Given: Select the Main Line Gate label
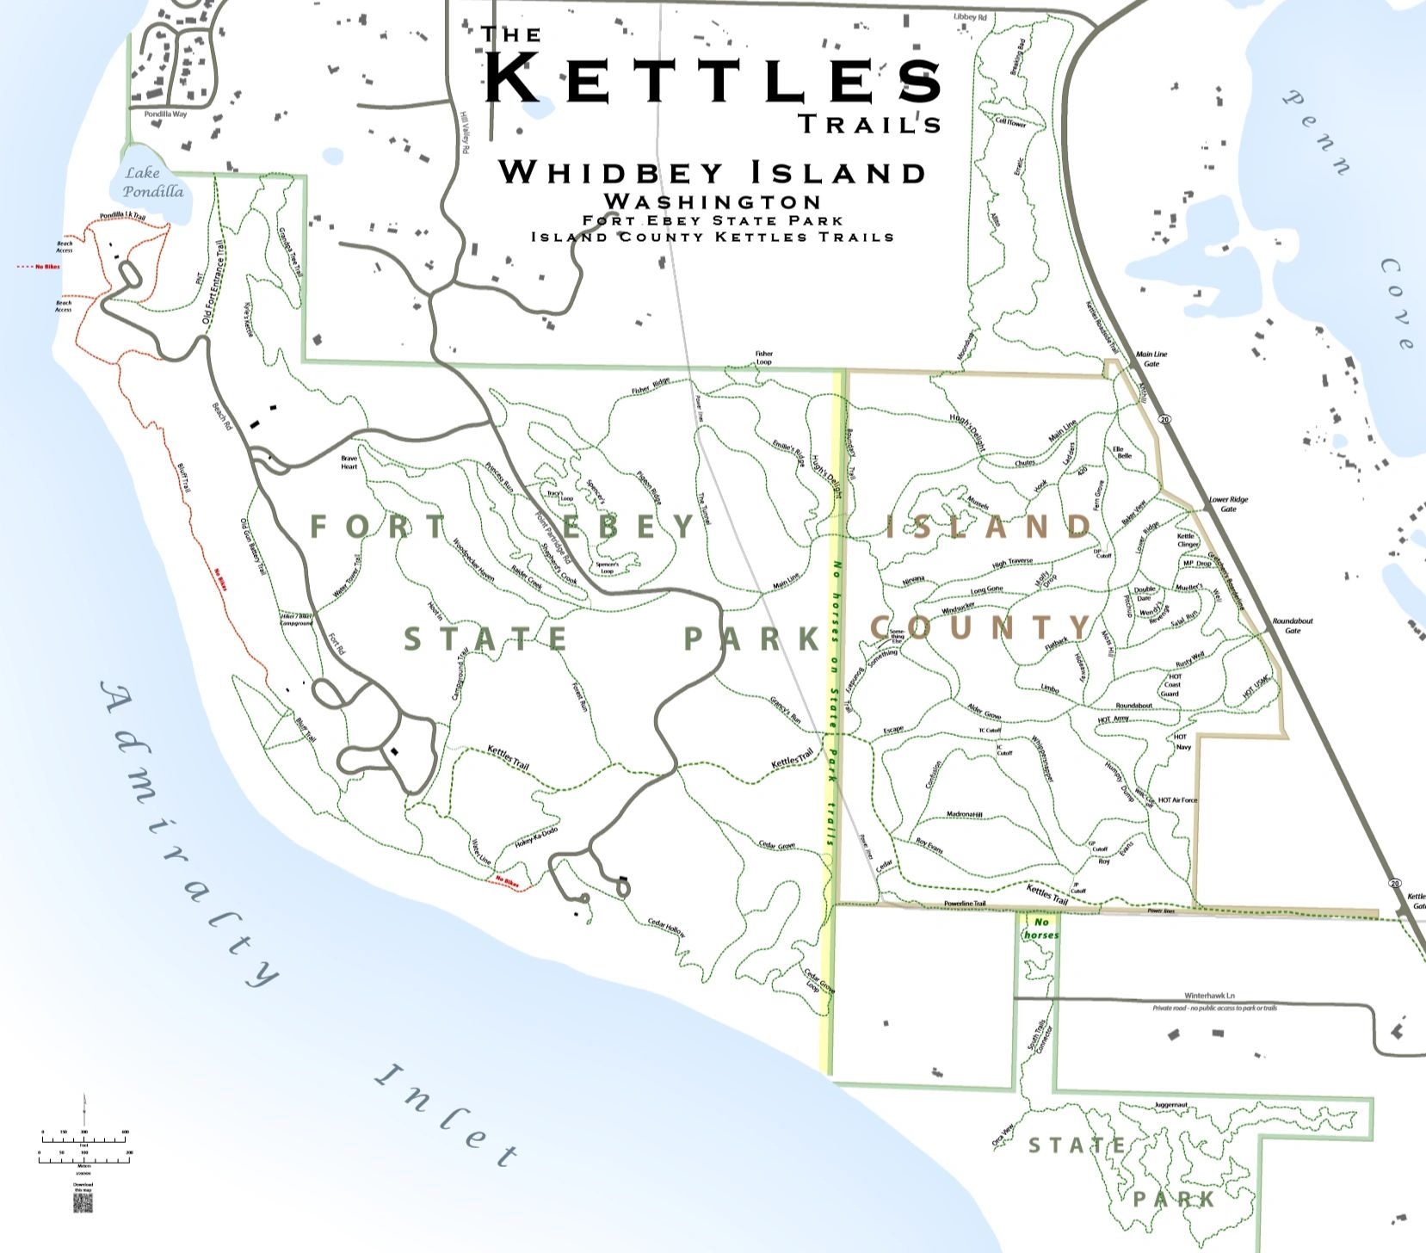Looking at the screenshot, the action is [x=1151, y=359].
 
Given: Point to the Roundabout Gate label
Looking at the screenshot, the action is [x=1293, y=626].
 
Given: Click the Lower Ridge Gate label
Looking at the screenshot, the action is [x=1228, y=504].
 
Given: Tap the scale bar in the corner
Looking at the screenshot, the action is [x=84, y=1145].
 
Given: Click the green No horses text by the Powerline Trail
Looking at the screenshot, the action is [x=1040, y=929].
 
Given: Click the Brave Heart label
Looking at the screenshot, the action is [x=349, y=462].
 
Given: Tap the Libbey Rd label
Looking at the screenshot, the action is [x=970, y=17].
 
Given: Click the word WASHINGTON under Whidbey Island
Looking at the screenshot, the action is [x=712, y=201].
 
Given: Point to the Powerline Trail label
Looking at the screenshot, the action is [x=964, y=904].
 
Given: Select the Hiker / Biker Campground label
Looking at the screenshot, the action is [x=297, y=619].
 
